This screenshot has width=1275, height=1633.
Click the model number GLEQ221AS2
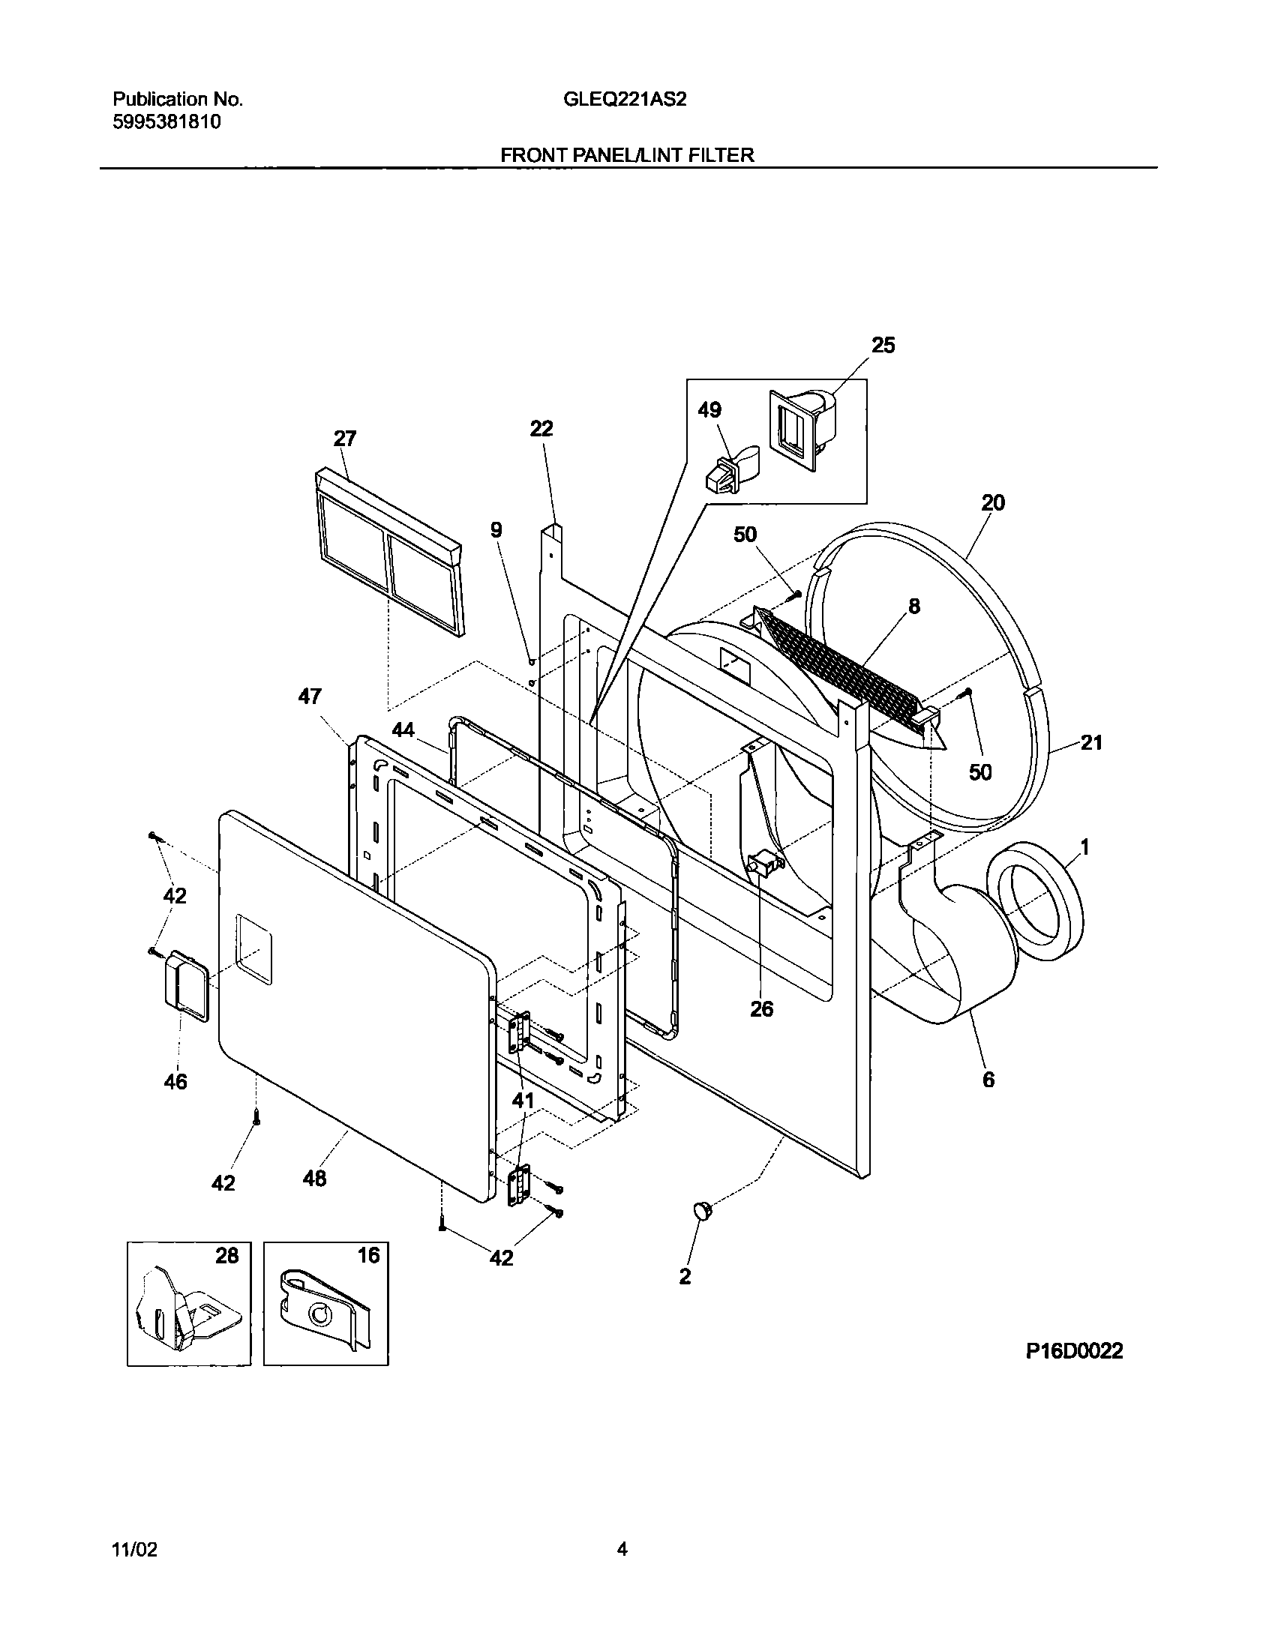[x=624, y=99]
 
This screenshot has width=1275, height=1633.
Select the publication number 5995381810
[x=166, y=121]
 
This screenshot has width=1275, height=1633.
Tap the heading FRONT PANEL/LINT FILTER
[x=627, y=155]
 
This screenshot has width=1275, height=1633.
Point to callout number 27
[x=344, y=439]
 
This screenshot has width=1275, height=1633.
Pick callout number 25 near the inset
[x=883, y=346]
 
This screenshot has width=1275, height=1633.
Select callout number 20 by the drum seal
[x=992, y=502]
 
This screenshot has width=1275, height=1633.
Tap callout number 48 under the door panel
[x=314, y=1179]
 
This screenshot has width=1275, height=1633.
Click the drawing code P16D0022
[x=1074, y=1351]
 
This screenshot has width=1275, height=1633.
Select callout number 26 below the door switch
[x=761, y=1009]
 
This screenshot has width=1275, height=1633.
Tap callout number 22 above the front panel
[x=541, y=428]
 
